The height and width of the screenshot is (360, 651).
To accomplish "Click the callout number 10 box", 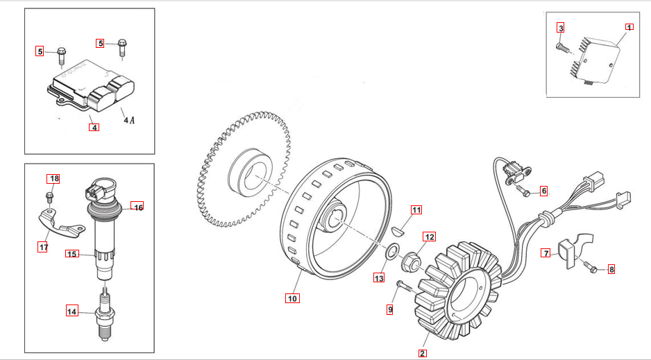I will point(292,298).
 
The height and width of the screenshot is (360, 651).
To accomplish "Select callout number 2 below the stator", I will point(422,352).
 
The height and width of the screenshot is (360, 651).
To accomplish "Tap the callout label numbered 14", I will point(72,311).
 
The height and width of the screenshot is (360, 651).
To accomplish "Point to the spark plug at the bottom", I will point(105,316).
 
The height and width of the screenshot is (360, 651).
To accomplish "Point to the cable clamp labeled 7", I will point(571,250).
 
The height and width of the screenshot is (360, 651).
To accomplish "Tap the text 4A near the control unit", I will point(129,120).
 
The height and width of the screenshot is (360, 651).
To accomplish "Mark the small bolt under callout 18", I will point(50,196).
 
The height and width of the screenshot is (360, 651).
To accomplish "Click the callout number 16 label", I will point(138,207).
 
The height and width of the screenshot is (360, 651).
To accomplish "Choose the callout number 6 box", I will point(543,190).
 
